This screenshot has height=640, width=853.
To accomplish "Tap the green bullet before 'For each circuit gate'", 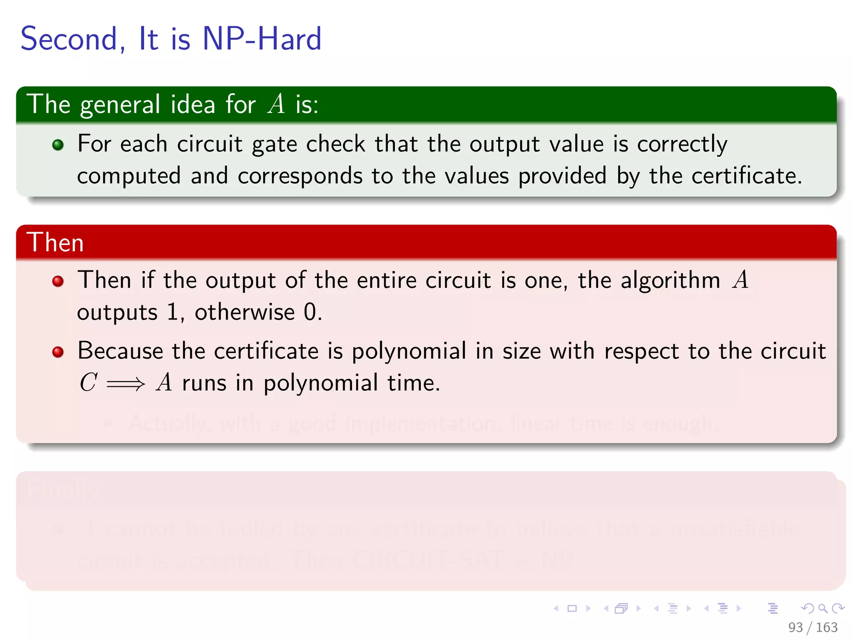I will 58,145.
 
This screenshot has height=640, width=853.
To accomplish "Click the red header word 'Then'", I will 55,242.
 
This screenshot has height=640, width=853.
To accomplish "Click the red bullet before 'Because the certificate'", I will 58,352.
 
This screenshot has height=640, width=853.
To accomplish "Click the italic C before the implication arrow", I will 88,382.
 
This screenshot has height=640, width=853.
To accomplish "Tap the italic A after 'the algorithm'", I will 741,280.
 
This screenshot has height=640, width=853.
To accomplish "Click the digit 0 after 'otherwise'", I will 310,312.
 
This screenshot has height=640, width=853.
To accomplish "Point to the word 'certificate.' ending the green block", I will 746,176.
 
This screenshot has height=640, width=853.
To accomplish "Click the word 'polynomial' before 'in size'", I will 409,351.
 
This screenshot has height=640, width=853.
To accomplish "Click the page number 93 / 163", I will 813,627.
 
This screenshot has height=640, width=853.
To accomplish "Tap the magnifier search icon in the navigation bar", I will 823,608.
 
